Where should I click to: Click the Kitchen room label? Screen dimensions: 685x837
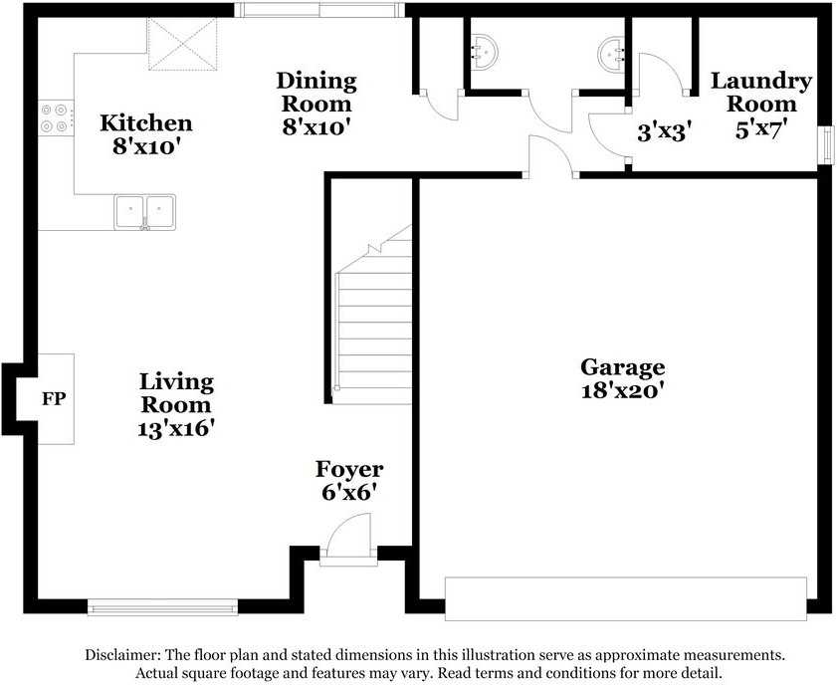pyautogui.click(x=146, y=123)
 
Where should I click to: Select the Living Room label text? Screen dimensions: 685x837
pyautogui.click(x=176, y=392)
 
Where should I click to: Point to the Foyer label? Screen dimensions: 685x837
pyautogui.click(x=349, y=469)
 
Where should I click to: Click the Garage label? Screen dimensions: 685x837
pyautogui.click(x=623, y=367)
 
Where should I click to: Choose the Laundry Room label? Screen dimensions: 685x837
pyautogui.click(x=761, y=93)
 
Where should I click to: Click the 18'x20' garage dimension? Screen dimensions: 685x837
pyautogui.click(x=623, y=391)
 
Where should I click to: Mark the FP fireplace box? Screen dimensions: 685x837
pyautogui.click(x=54, y=399)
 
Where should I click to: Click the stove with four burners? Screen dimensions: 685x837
pyautogui.click(x=55, y=118)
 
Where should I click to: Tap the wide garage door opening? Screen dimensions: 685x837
pyautogui.click(x=625, y=598)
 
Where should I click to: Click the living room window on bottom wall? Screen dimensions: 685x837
pyautogui.click(x=163, y=606)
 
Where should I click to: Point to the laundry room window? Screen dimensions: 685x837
pyautogui.click(x=825, y=143)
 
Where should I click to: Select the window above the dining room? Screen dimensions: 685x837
pyautogui.click(x=319, y=10)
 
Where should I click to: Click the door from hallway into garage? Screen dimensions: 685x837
pyautogui.click(x=550, y=159)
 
